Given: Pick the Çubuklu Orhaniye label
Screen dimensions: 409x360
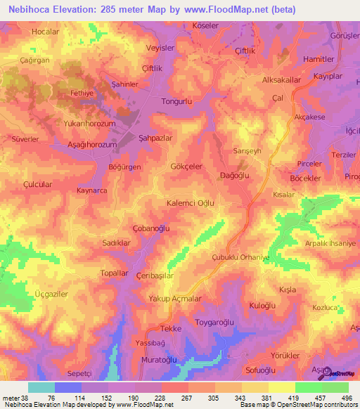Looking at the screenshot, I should point(241,257).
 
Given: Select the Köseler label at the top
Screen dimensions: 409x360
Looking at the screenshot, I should point(206,26).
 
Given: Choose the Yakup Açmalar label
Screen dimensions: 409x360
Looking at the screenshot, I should point(176,299).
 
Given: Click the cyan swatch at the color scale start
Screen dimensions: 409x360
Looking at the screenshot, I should point(41,387).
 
